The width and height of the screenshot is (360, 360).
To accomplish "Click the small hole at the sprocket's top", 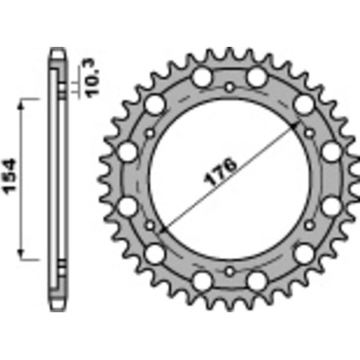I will pos(229,87).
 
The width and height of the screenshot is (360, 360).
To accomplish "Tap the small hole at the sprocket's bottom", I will pos(229,270).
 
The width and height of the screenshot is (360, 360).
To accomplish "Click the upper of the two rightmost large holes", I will pos(332,150).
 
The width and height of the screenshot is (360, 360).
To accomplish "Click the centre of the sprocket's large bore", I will pos(229,178).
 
